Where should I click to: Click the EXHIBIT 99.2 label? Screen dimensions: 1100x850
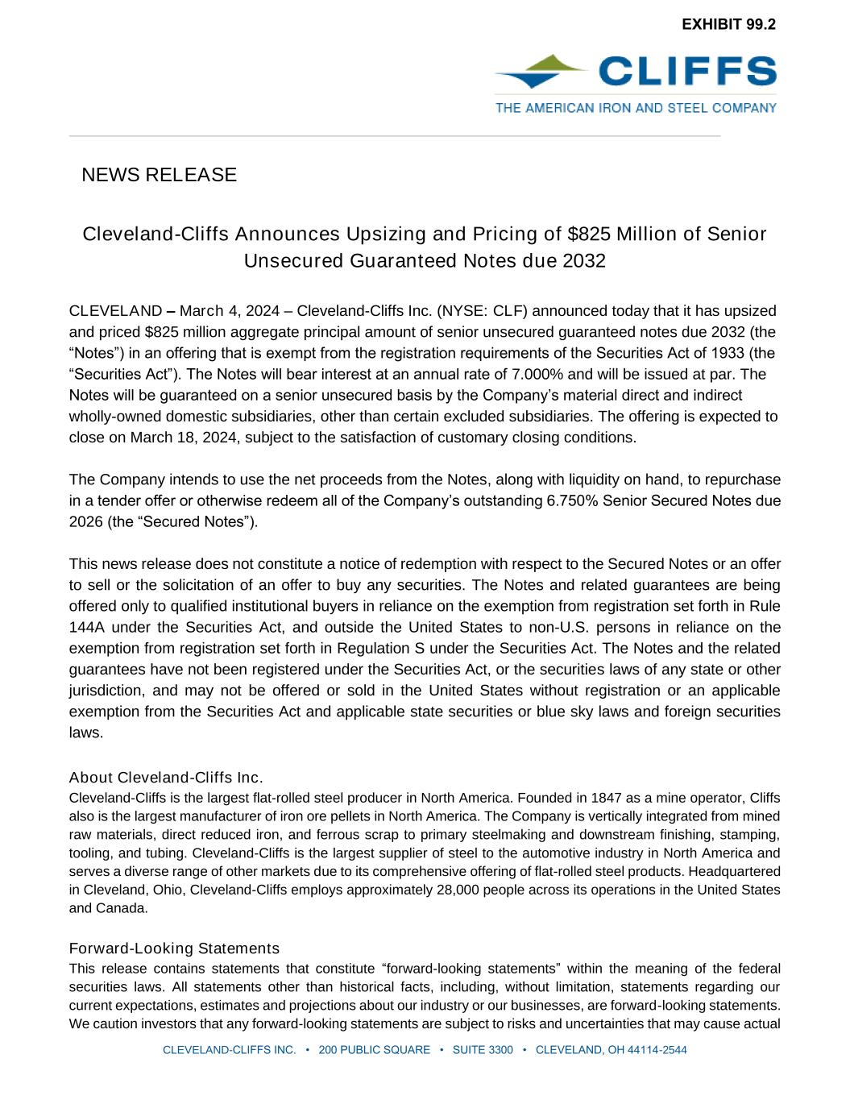point(728,24)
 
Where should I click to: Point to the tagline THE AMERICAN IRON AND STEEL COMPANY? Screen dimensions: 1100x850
point(636,107)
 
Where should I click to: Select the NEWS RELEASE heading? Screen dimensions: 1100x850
point(159,175)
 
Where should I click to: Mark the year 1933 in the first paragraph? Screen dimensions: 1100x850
point(731,353)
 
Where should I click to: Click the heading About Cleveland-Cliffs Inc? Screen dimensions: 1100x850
point(166,778)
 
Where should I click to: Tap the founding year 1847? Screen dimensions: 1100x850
point(607,798)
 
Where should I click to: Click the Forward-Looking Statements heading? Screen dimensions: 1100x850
point(174,948)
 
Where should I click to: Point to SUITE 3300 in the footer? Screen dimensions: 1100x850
point(483,1050)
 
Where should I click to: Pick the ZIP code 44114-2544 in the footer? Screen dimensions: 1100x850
point(656,1050)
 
